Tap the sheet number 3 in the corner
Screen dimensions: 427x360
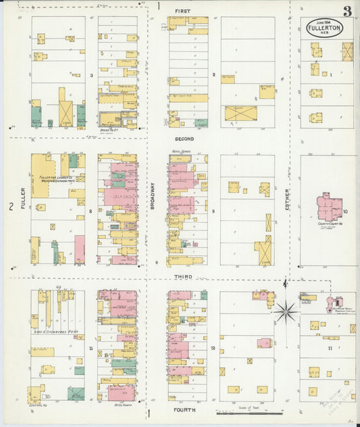(x=346, y=11)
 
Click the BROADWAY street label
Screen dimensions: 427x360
(x=153, y=207)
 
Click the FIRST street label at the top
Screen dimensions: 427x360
(x=182, y=11)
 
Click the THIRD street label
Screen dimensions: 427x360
(x=182, y=276)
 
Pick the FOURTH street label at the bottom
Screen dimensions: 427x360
(x=184, y=409)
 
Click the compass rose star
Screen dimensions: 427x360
(x=286, y=311)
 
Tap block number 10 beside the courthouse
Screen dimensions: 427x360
(x=344, y=211)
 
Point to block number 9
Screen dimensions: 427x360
(x=213, y=211)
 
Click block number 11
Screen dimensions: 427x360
(x=330, y=348)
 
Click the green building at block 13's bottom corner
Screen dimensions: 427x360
(x=76, y=393)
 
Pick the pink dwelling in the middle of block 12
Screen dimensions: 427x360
(x=264, y=343)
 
